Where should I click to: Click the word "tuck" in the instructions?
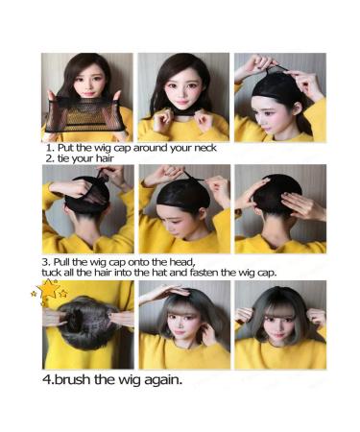pos(56,273)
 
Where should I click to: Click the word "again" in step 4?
pos(158,379)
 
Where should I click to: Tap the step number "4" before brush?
pos(47,379)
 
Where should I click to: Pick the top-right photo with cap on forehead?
pos(276,96)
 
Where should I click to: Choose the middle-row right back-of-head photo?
pos(276,208)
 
